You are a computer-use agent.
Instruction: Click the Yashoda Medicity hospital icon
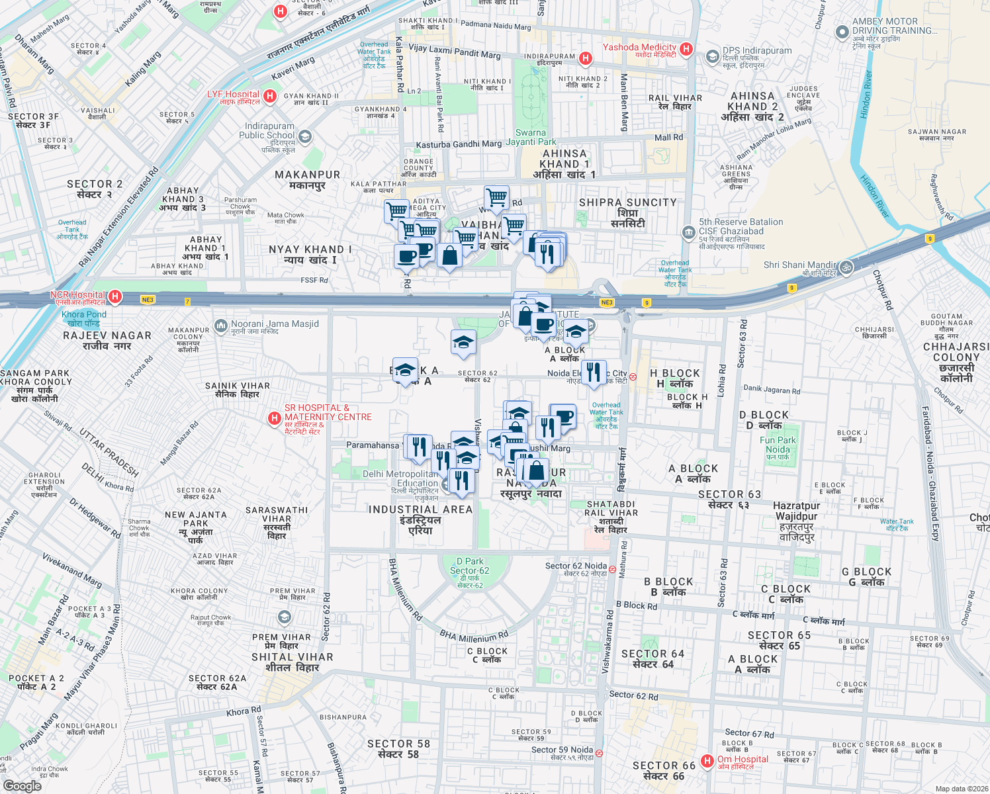(686, 48)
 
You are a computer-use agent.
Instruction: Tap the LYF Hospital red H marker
(269, 97)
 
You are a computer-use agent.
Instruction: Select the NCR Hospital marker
(115, 296)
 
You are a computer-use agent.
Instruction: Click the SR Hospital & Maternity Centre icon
(274, 418)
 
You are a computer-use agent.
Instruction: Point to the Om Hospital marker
(707, 762)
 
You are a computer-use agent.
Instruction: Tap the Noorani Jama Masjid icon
(220, 326)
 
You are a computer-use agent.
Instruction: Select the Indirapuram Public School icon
(304, 137)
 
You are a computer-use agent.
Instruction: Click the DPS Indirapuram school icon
(712, 57)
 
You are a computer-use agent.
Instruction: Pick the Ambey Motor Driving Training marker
(842, 32)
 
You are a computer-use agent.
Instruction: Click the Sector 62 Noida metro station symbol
(613, 569)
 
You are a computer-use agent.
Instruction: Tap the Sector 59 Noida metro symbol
(599, 753)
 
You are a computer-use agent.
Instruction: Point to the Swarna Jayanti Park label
(531, 137)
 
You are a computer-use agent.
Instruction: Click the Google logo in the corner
(22, 785)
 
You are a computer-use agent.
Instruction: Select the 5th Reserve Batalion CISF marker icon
(688, 232)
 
